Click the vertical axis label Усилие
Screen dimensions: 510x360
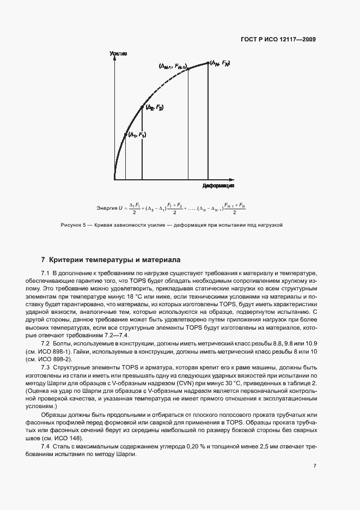(118, 54)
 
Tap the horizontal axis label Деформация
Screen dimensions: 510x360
(218, 185)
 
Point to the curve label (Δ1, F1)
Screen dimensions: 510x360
(137, 135)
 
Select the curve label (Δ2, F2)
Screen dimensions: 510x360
(154, 108)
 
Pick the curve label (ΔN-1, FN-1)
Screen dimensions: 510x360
(173, 66)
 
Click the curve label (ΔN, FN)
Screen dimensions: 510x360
(220, 63)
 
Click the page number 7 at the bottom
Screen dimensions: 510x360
(315, 466)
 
